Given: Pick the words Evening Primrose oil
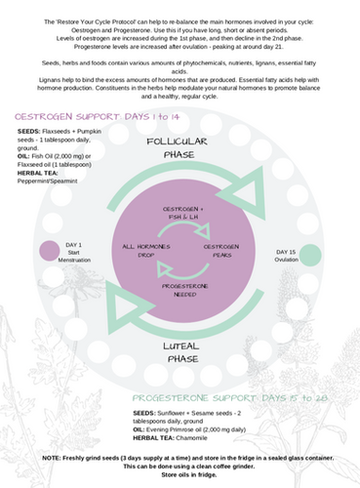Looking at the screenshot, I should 180,430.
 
